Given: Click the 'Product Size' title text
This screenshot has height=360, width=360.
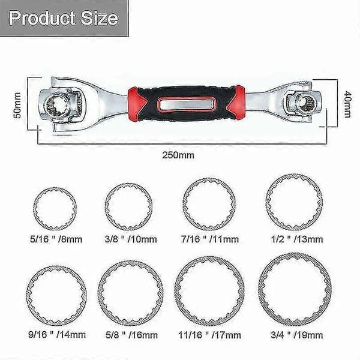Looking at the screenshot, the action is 64,18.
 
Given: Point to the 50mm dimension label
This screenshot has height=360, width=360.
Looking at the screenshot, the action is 17,106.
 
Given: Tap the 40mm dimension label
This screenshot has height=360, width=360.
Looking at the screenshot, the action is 347,104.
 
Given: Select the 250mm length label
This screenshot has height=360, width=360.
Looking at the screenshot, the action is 178,155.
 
